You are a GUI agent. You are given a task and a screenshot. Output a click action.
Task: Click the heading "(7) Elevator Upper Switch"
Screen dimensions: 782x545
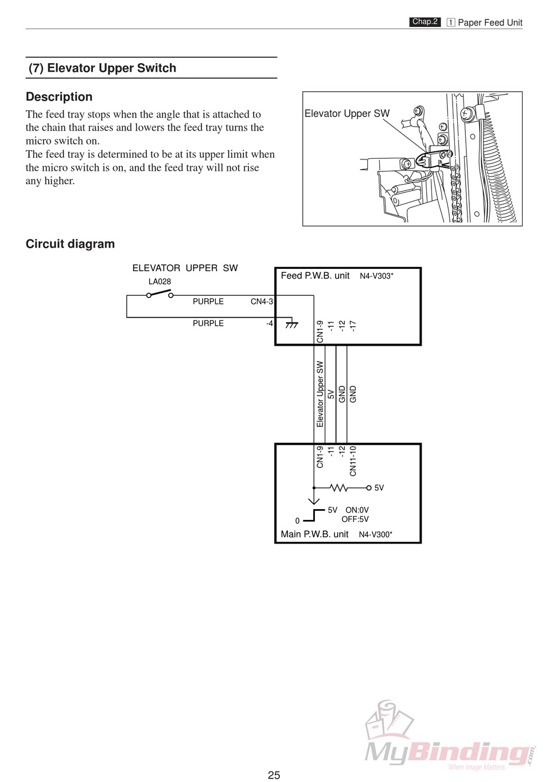click(103, 68)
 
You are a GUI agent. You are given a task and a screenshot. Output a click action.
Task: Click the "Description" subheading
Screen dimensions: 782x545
click(59, 97)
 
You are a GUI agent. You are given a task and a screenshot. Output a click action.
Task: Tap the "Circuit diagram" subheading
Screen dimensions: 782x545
click(70, 244)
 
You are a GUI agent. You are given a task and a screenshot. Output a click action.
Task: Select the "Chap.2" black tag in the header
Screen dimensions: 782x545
click(425, 22)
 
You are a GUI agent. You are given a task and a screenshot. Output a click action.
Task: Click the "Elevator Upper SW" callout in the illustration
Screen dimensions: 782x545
click(347, 114)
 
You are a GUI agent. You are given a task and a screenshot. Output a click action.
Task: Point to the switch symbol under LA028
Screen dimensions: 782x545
click(159, 294)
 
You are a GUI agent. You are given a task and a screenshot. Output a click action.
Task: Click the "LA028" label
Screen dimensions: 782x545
click(159, 281)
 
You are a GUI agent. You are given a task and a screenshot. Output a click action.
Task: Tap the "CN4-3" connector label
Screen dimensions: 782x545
click(262, 302)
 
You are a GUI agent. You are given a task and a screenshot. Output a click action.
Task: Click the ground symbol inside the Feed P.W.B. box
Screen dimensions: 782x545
click(291, 324)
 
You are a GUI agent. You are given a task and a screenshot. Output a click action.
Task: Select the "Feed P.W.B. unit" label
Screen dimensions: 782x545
click(315, 276)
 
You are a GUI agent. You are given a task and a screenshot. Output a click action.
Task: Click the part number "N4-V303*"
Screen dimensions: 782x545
click(376, 276)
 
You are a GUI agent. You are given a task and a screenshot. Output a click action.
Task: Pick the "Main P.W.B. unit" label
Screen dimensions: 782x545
click(314, 534)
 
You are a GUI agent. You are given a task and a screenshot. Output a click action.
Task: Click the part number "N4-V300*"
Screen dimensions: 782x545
click(376, 535)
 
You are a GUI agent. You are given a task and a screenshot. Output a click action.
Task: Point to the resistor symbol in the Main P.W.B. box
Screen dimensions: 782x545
click(338, 488)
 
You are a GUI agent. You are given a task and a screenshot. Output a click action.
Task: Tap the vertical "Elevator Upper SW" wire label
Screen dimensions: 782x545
click(320, 394)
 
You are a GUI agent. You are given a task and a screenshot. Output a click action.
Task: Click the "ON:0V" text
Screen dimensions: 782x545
click(357, 510)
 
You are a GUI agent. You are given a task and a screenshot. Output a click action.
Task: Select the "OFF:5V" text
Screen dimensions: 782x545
click(355, 519)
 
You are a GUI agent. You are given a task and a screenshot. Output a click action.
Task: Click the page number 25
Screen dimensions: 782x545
click(274, 775)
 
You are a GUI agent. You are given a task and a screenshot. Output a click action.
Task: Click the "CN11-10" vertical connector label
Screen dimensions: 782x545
click(353, 461)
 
